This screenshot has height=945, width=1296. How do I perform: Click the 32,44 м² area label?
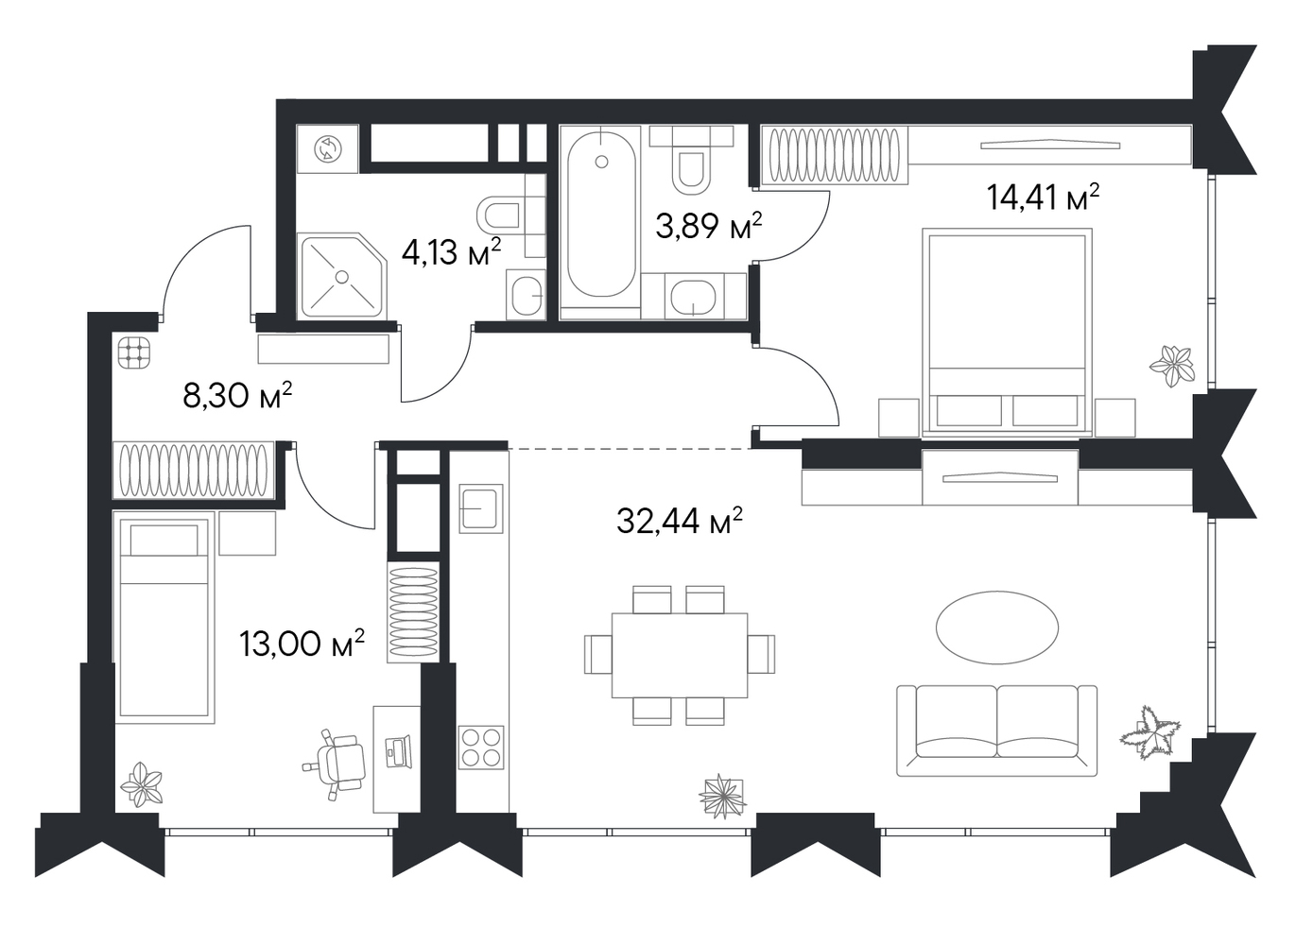680,521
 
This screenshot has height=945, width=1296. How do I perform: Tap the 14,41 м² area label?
1043,198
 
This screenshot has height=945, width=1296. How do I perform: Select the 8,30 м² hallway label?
238,395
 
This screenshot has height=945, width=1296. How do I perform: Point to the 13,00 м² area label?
302,644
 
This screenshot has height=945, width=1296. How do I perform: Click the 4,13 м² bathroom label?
451,252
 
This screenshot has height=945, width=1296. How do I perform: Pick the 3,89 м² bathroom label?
709,226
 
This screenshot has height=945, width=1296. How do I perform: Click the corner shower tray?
342,276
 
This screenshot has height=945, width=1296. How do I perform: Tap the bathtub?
601,215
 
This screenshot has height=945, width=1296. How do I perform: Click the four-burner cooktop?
480,747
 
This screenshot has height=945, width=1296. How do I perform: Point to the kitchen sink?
481,508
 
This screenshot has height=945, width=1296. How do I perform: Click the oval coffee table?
997,627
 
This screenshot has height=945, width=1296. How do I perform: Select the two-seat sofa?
997,731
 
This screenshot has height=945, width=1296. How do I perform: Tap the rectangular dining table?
680,656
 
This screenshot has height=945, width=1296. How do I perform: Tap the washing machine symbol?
328,148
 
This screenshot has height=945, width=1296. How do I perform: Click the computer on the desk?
398,751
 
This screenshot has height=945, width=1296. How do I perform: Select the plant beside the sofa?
1150,739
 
